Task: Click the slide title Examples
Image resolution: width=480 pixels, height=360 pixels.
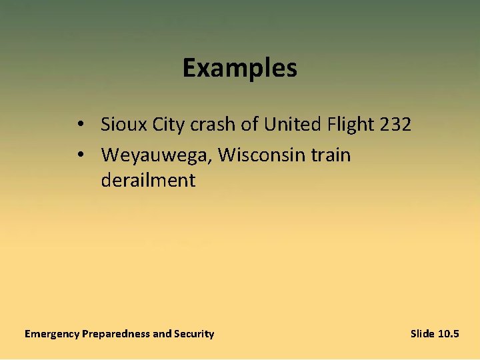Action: point(240,68)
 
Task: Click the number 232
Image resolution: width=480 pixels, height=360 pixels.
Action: point(394,124)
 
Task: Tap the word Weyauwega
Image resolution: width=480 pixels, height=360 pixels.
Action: point(157,155)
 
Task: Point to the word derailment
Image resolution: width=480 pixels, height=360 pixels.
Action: point(148,181)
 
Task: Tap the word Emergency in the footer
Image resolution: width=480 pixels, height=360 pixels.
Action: point(51,334)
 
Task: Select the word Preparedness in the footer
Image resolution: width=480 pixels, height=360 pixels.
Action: point(116,334)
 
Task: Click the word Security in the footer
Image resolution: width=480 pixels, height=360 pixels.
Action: point(194,334)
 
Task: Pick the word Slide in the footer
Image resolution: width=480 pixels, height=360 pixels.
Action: point(423,334)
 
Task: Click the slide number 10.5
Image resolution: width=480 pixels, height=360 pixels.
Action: point(449,334)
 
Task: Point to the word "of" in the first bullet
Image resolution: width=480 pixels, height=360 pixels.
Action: point(249,124)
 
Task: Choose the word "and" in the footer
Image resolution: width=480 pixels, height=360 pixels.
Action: point(162,334)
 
